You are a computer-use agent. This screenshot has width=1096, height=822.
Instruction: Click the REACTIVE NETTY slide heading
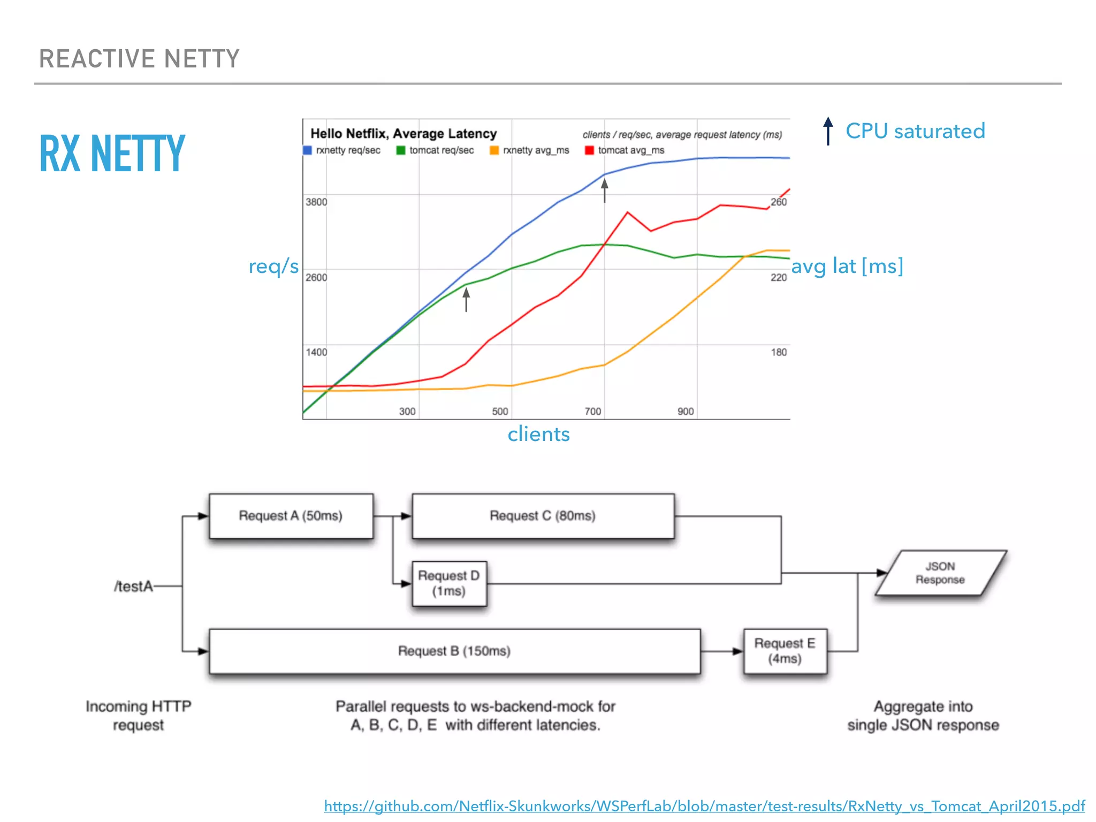(139, 59)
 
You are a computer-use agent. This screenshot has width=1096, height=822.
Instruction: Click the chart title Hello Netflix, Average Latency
(404, 133)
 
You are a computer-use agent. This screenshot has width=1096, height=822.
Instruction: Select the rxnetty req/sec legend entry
(342, 150)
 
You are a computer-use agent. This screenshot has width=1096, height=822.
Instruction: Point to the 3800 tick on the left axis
(316, 202)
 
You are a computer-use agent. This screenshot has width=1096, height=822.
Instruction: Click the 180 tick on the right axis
(779, 352)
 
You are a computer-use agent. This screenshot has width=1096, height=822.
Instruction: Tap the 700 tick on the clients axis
(592, 411)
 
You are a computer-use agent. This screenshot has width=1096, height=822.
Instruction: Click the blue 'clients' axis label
(538, 434)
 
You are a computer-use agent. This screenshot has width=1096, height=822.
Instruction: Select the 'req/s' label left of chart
(273, 266)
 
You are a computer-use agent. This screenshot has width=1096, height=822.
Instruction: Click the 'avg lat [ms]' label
(847, 266)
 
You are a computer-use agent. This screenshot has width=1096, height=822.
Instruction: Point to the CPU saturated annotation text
(915, 131)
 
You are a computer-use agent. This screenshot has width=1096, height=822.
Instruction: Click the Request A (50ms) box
(291, 516)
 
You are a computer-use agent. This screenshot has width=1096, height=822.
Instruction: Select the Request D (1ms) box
(449, 583)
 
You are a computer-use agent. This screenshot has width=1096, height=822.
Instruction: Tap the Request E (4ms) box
(785, 651)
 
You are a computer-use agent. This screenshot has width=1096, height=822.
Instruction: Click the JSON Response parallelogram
(940, 573)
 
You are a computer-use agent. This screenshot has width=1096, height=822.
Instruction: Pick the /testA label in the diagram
(133, 587)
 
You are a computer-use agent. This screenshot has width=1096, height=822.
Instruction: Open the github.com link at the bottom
(704, 806)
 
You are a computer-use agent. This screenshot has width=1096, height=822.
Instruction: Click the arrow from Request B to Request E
(722, 651)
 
